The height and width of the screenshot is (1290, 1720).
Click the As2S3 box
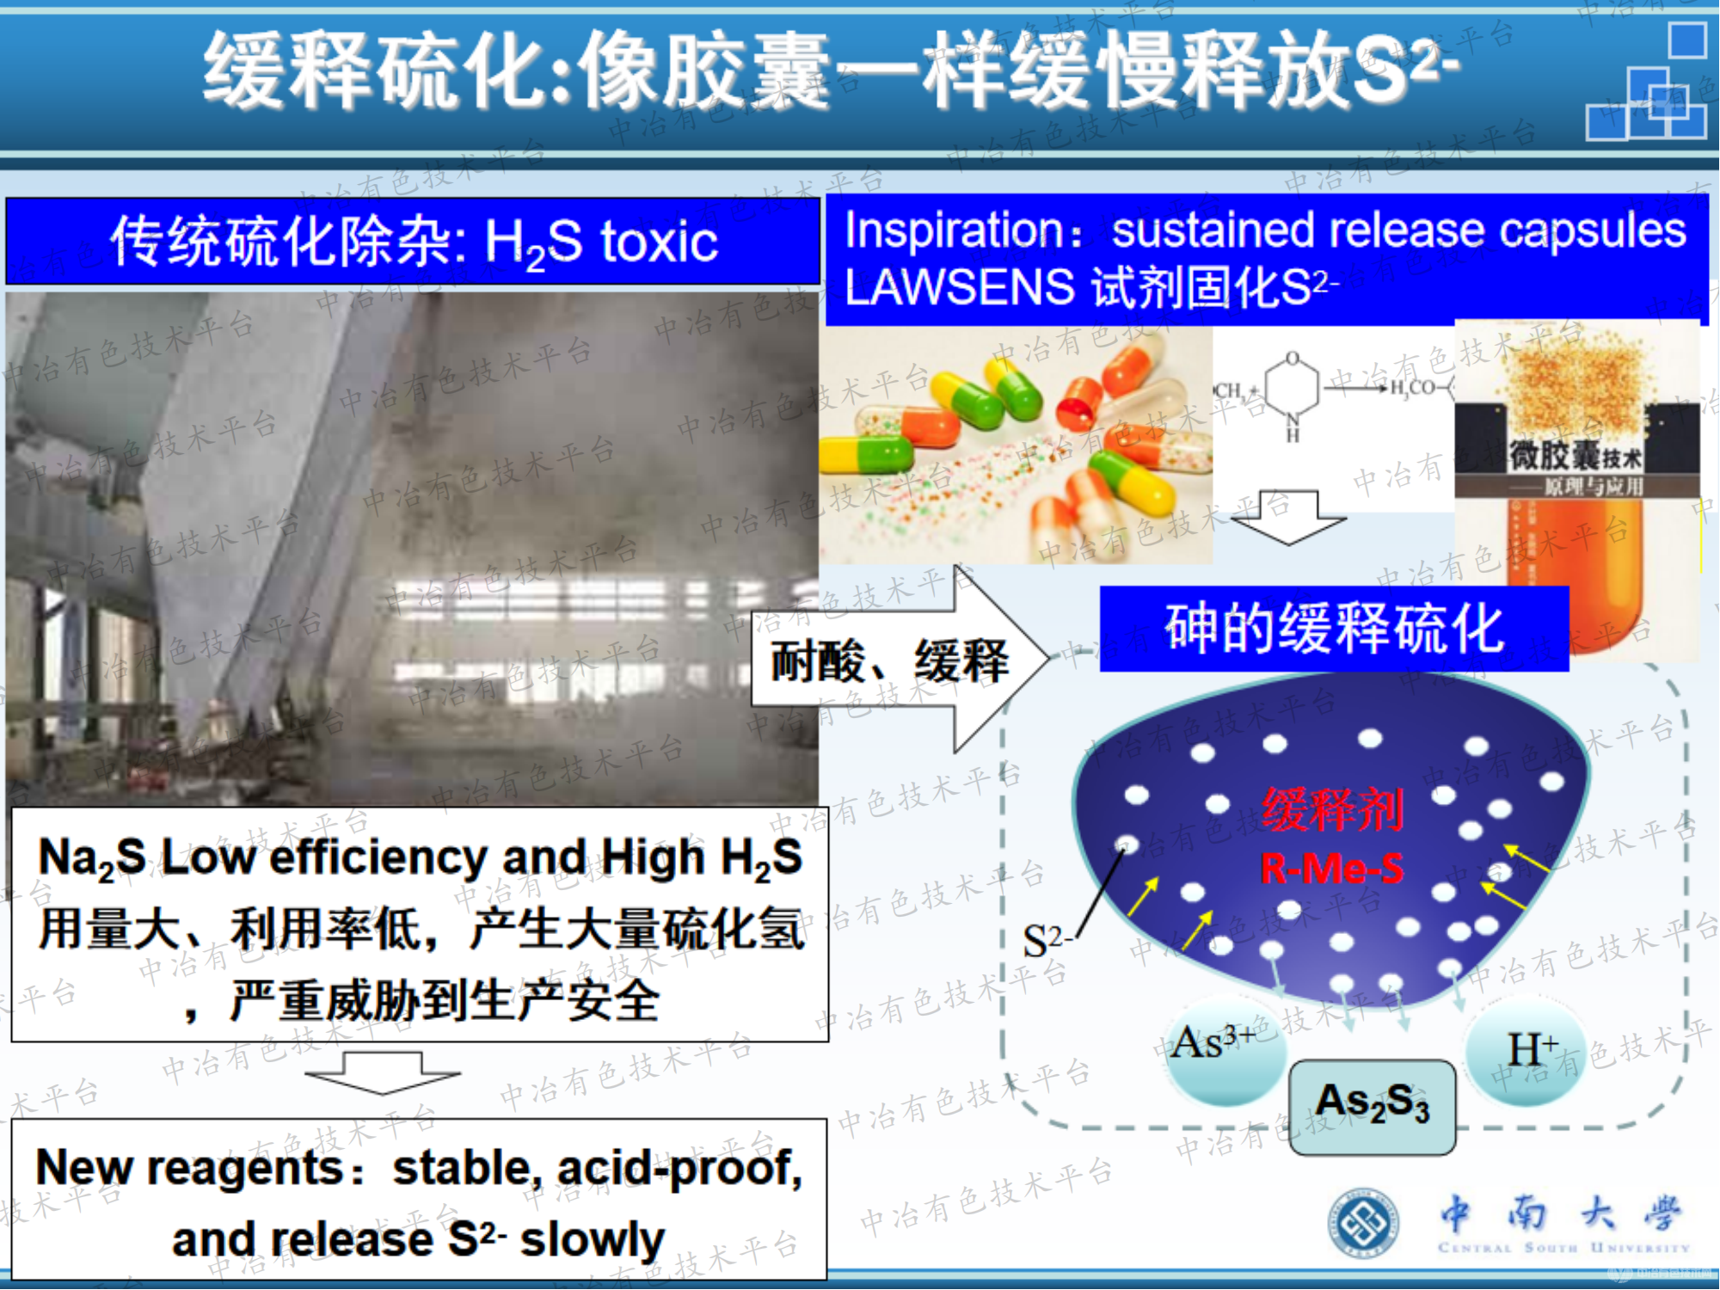tap(1373, 1106)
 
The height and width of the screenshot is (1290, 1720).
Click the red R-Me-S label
tap(1331, 869)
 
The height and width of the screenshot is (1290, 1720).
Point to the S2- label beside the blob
tap(1046, 941)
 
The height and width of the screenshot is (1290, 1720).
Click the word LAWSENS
tap(960, 287)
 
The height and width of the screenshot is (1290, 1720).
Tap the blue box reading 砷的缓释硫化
tap(1333, 629)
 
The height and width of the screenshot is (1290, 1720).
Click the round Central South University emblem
tap(1362, 1222)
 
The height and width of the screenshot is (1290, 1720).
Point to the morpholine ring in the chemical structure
tap(1292, 387)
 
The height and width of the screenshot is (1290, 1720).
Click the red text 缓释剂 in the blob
tap(1332, 810)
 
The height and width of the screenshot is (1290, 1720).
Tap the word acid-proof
tap(679, 1169)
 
